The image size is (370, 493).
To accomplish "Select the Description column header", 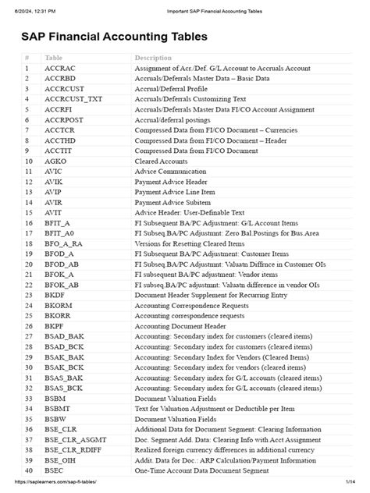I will pyautogui.click(x=153, y=58).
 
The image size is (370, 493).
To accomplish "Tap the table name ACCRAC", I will pyautogui.click(x=60, y=69).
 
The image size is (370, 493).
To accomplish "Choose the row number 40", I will pyautogui.click(x=28, y=470).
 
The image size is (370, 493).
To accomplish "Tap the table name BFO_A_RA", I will pyautogui.click(x=65, y=243).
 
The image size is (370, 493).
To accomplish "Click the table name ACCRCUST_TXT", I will pyautogui.click(x=73, y=99).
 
